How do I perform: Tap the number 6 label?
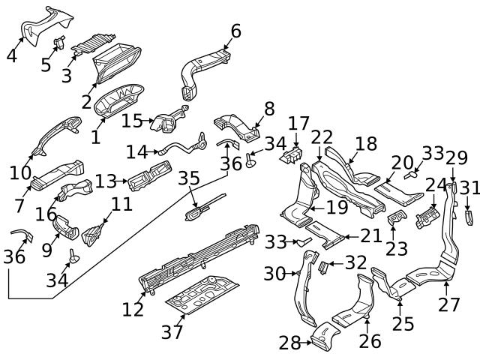[x=235, y=31]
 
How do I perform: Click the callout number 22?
[x=322, y=137]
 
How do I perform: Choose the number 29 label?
[x=456, y=158]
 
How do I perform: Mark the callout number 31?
[x=469, y=187]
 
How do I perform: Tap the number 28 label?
[x=289, y=343]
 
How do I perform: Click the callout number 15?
[x=132, y=121]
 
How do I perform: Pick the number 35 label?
[x=189, y=178]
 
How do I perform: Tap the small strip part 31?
[x=467, y=218]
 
